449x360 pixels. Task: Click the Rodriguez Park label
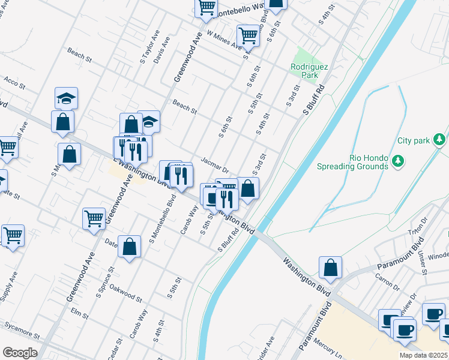[x=309, y=71]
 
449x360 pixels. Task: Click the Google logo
[x=20, y=353]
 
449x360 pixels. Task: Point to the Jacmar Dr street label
[x=216, y=163]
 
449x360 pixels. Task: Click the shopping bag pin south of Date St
[x=129, y=247]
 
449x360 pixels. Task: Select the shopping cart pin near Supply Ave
[x=13, y=235]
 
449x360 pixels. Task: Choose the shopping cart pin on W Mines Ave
[x=247, y=35]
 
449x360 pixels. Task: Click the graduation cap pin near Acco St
[x=67, y=98]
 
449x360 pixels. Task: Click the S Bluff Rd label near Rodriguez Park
[x=313, y=100]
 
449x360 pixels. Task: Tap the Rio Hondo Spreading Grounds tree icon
[x=397, y=161]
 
